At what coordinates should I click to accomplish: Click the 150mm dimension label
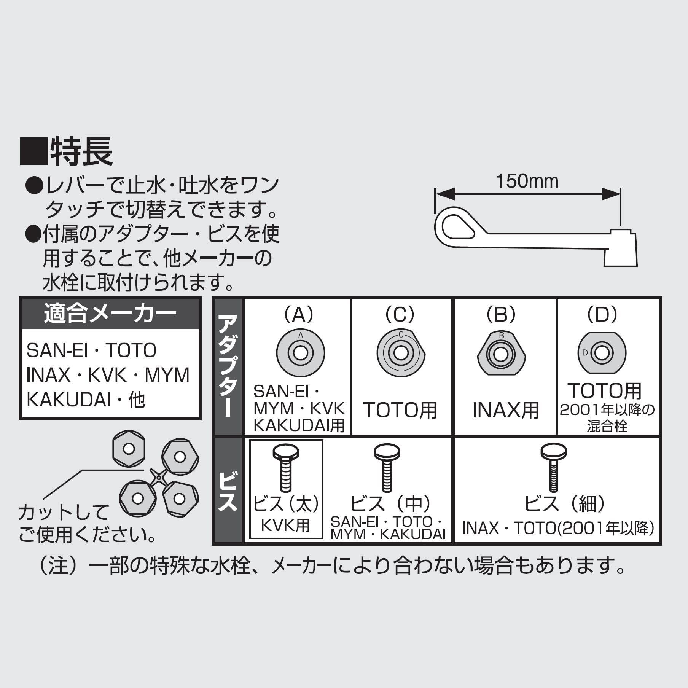click(527, 182)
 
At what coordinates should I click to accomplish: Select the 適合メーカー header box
click(110, 314)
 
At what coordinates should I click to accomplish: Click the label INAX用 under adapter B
click(506, 410)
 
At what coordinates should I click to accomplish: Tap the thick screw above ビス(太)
click(286, 469)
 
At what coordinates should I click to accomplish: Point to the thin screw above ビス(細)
click(554, 468)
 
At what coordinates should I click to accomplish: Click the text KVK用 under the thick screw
click(285, 526)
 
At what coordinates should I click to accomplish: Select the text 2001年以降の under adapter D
click(607, 410)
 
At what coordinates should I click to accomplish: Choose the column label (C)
click(400, 314)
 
